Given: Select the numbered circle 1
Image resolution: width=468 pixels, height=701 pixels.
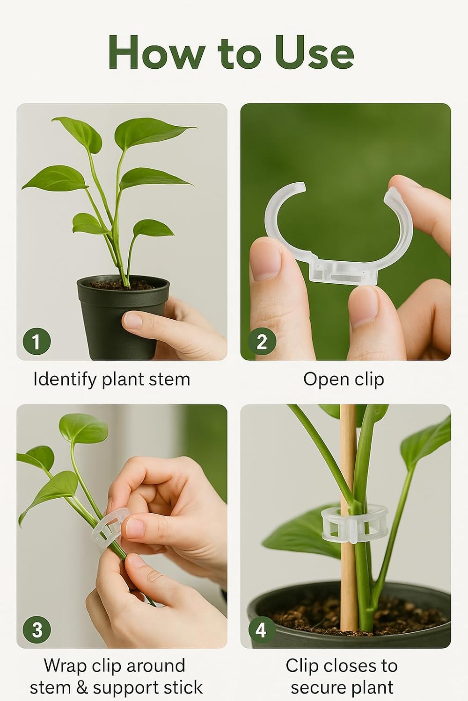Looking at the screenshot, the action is click(37, 341).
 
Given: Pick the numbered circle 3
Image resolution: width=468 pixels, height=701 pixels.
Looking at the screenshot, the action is click(37, 630).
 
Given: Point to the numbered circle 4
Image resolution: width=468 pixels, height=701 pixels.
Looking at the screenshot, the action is click(262, 630).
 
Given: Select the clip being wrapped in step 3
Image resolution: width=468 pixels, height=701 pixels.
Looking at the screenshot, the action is click(110, 528).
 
